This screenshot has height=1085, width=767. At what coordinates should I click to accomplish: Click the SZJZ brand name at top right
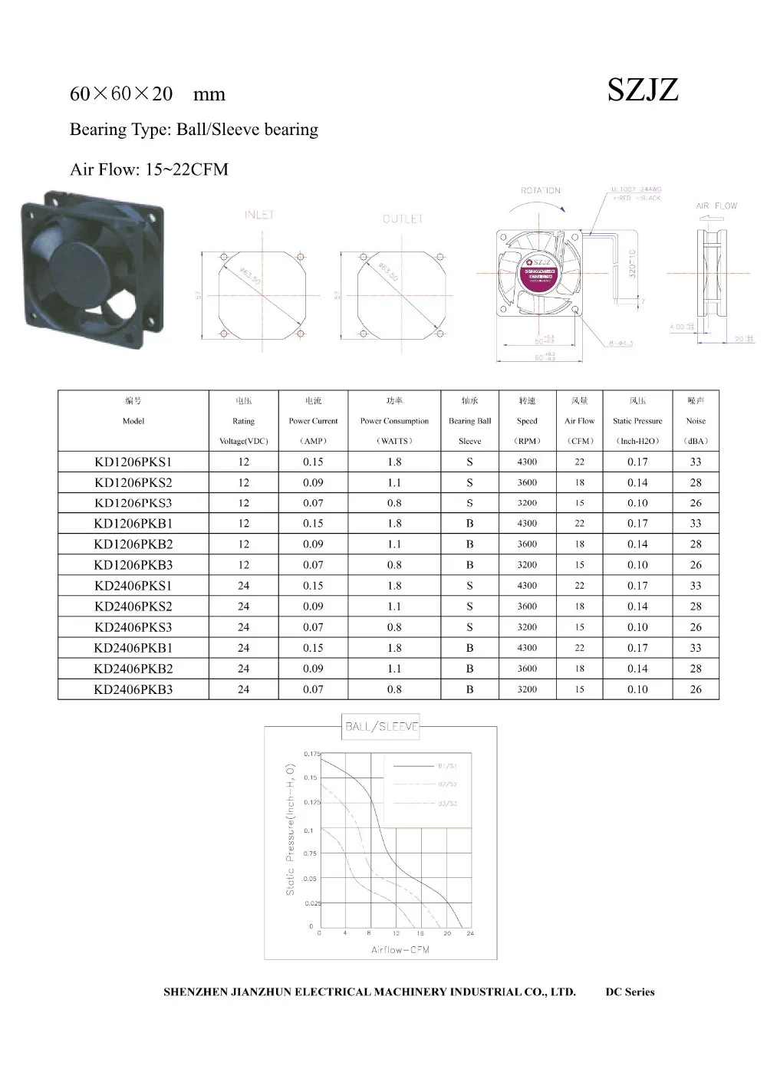[x=643, y=90]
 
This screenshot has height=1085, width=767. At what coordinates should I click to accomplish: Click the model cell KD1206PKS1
[x=133, y=462]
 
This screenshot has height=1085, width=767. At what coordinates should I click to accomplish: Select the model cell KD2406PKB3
[x=133, y=689]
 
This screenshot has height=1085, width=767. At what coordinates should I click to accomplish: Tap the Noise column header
[x=696, y=421]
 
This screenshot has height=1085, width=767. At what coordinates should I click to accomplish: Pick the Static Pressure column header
[x=637, y=421]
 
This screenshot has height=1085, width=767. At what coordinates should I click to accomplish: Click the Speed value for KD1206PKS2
[x=527, y=482]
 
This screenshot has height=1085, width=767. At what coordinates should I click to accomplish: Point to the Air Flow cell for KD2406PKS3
[x=579, y=627]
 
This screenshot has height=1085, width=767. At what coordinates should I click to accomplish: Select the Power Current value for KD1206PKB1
[x=313, y=524]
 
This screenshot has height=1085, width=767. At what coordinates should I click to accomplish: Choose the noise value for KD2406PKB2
[x=696, y=669]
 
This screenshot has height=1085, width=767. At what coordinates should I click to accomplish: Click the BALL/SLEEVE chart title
[x=382, y=726]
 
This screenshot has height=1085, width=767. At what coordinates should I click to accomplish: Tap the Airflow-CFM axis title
[x=400, y=950]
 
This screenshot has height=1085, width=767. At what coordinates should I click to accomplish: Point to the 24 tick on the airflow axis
[x=470, y=934]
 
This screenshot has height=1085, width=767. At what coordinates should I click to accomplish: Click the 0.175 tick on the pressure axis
[x=311, y=754]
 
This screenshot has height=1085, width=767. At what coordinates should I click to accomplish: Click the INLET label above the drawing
[x=259, y=215]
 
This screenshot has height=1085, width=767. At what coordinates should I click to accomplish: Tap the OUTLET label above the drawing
[x=403, y=219]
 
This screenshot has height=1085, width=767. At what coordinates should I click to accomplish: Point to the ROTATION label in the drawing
[x=541, y=190]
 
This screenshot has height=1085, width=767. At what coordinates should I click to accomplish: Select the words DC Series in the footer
[x=630, y=992]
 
